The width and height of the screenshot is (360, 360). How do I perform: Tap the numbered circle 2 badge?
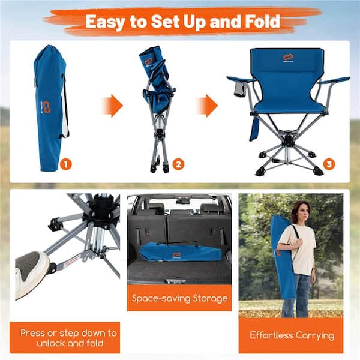coord(178,164)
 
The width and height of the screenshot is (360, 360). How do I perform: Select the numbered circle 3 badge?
coord(329,164)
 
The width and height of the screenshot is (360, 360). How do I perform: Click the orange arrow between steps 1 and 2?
coord(112,106)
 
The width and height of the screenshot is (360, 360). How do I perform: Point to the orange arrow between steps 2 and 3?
coord(207,106)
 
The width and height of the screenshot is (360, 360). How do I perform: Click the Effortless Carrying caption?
coord(291,335)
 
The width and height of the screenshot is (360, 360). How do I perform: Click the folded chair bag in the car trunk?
coord(174,251)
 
